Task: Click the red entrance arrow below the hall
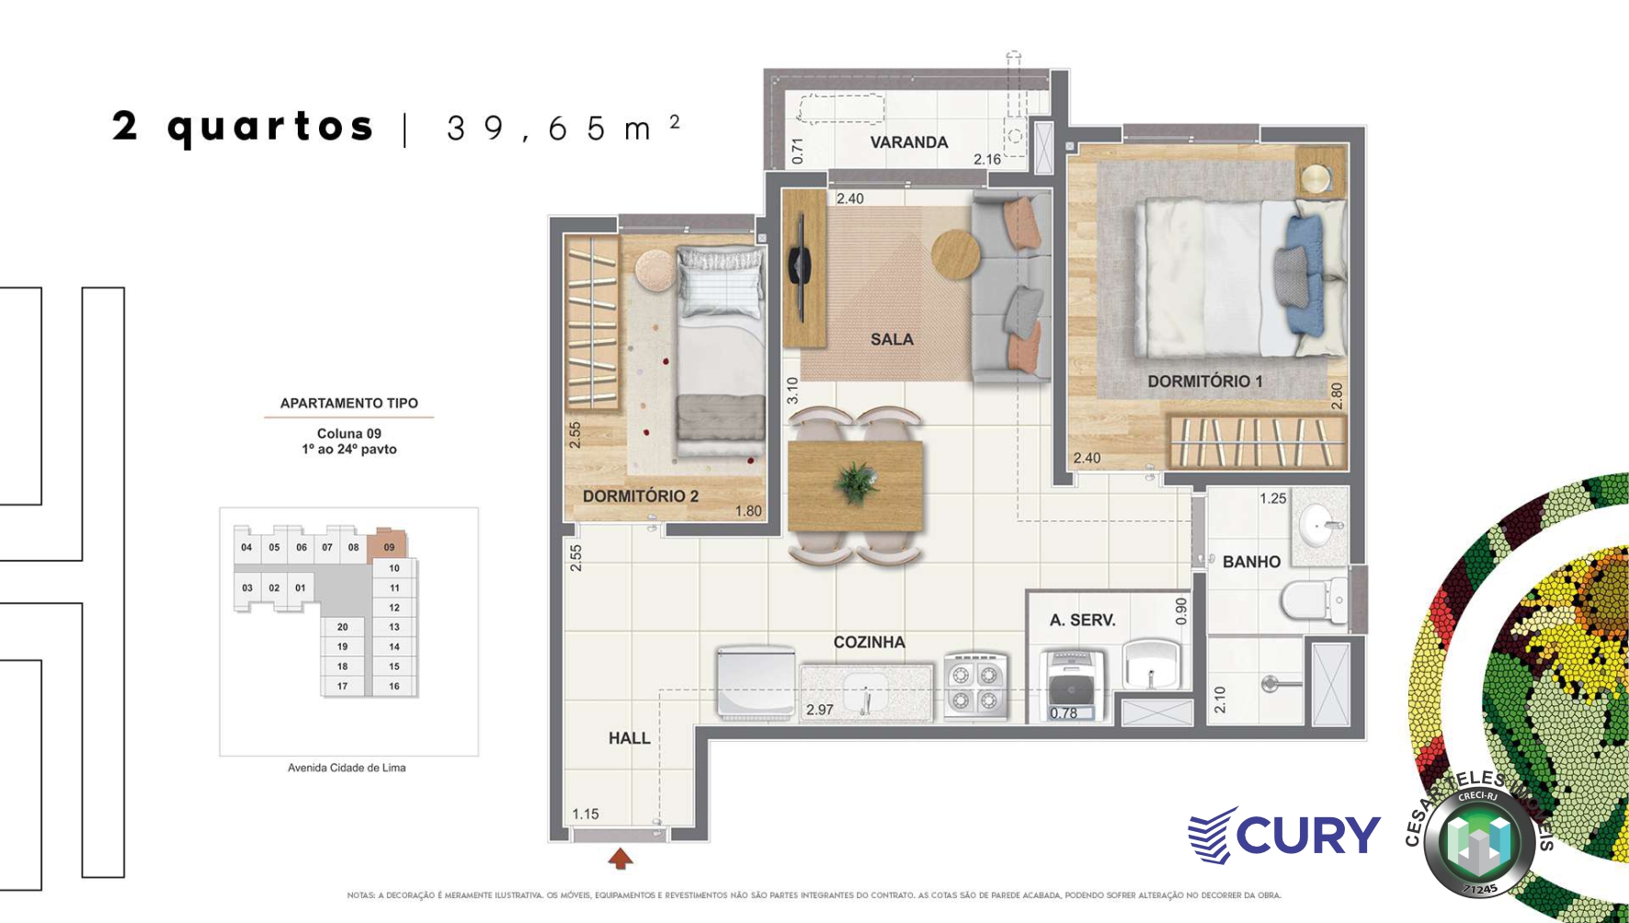coord(621,859)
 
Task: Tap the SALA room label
coord(892,339)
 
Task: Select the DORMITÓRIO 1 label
coord(1204,381)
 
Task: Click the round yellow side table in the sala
coord(956,252)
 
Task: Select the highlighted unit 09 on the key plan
coord(388,547)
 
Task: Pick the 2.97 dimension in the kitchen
coord(819,710)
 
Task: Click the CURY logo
coord(1284,835)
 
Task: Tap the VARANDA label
coord(908,142)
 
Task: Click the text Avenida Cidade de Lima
coord(347,768)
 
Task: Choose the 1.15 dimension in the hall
coord(585,814)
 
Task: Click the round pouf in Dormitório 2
coord(655,268)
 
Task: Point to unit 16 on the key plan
coord(393,686)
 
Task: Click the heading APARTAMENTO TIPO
coord(348,403)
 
